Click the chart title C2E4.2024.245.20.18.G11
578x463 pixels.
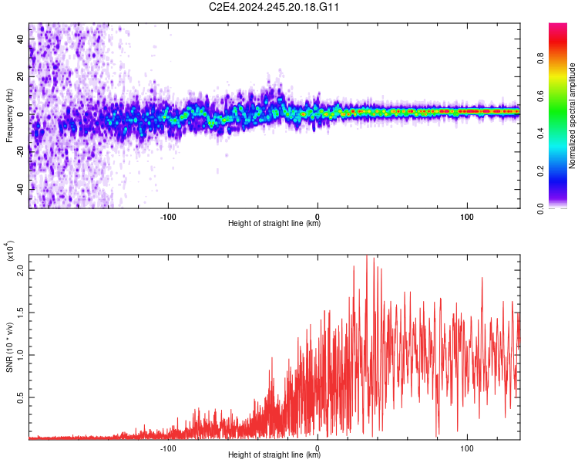[275, 7]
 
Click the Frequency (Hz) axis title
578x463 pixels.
[9, 116]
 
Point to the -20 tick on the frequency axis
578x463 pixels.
[19, 151]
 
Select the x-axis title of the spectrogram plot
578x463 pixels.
[274, 224]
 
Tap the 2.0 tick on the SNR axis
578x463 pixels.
[21, 270]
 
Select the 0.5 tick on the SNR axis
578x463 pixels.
[21, 397]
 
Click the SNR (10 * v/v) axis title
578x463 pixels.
[9, 347]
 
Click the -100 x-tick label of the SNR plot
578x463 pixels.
[168, 446]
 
